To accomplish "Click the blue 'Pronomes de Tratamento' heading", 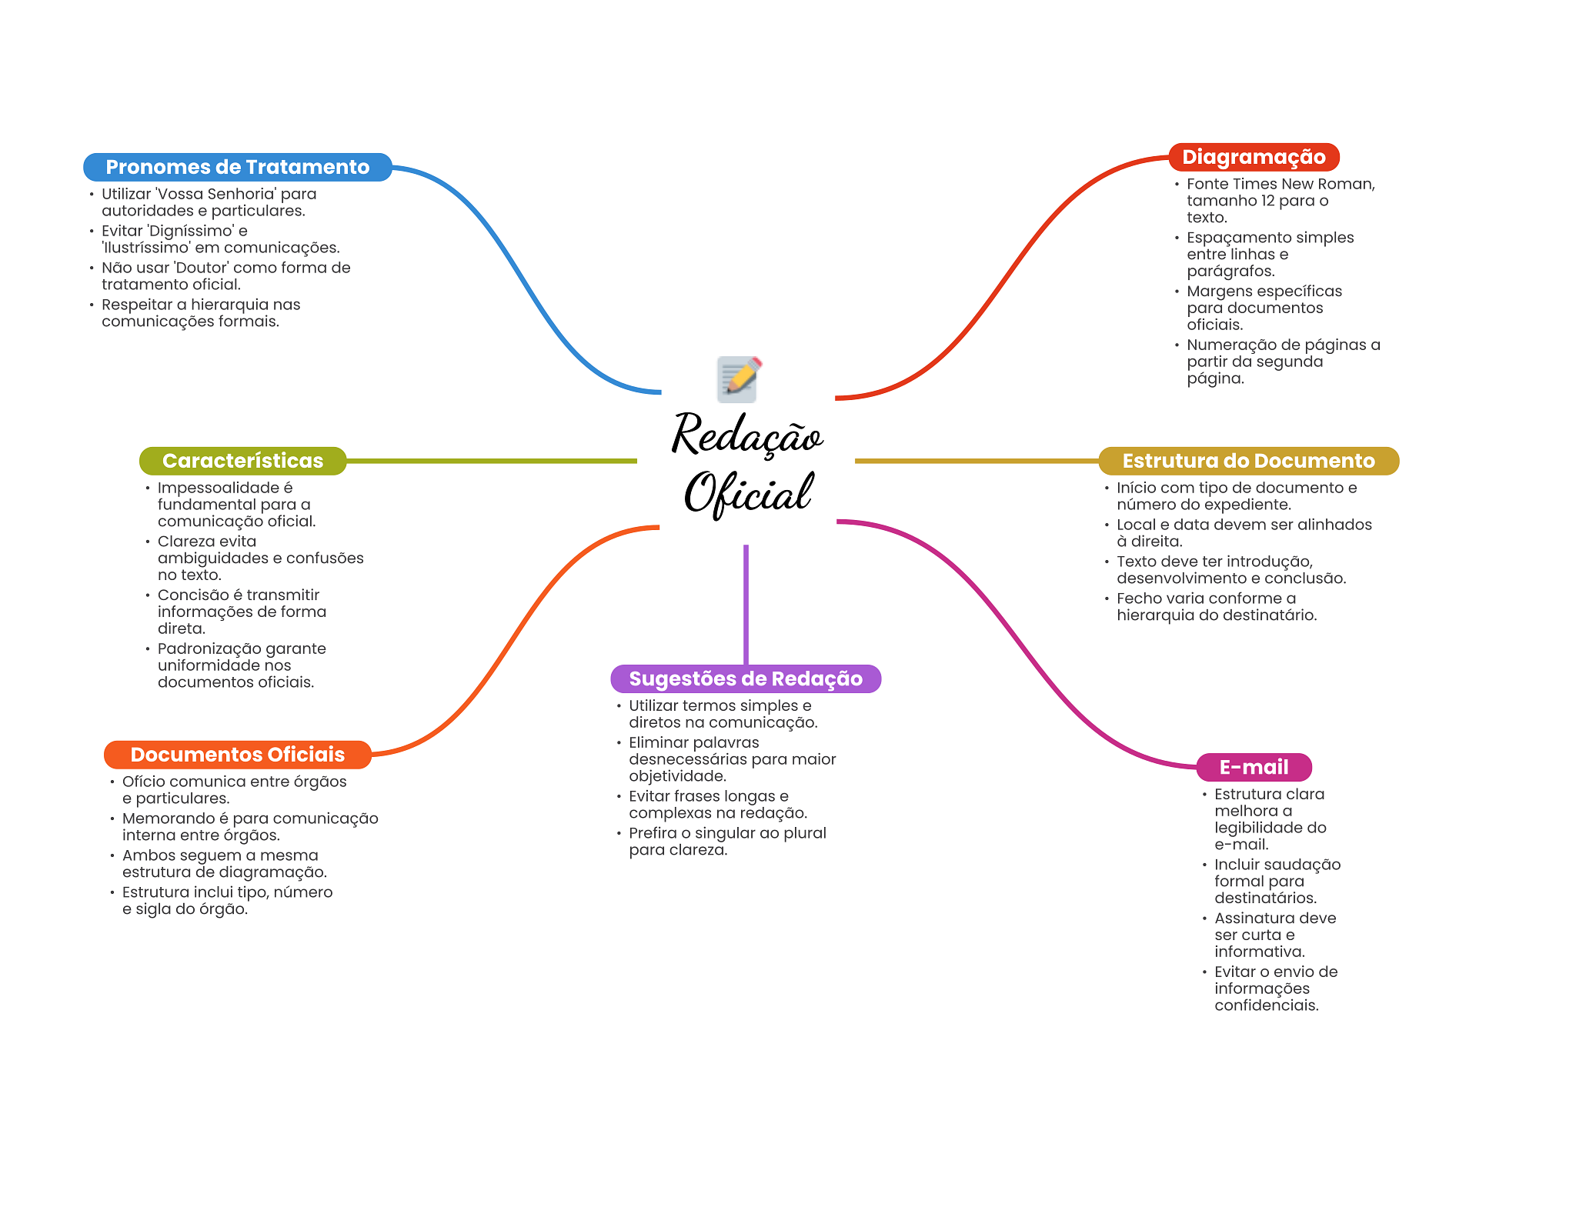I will point(237,167).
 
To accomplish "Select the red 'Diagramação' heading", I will point(1254,157).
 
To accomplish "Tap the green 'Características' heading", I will point(242,461).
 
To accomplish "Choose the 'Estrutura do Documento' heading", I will point(1248,461).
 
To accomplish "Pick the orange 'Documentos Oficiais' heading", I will point(237,755).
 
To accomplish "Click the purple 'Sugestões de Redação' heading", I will point(746,679).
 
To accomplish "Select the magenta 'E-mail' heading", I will point(1254,767).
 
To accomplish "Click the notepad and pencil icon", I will point(739,378).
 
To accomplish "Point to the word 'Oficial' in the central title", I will point(748,493).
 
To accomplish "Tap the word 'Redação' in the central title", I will point(748,435).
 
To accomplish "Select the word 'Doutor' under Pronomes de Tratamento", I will point(202,268).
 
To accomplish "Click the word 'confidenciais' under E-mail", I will point(1266,1005).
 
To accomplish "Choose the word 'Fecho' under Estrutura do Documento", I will point(1140,598).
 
